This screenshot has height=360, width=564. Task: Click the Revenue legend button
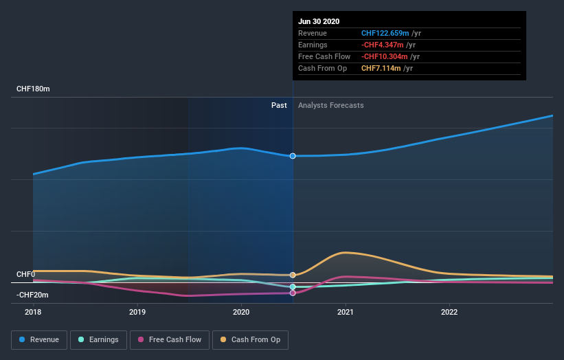pos(40,339)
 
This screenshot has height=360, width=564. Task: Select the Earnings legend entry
pos(98,339)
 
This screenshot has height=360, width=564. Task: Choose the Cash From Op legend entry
pos(251,339)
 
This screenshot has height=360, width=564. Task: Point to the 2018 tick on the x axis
pos(33,312)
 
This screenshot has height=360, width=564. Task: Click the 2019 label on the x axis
pos(137,312)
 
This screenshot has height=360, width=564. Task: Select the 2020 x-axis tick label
pos(241,312)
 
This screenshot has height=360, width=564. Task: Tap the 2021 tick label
pos(345,312)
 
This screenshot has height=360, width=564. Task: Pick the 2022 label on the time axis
pos(449,312)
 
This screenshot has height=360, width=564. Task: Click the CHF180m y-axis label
pos(34,89)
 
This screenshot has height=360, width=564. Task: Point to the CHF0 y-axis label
pos(25,274)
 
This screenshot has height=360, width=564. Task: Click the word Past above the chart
pos(279,105)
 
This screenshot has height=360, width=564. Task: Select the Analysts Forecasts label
pos(331,105)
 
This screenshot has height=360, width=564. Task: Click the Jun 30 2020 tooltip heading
pos(319,21)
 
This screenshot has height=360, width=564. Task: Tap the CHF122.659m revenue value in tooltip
pos(385,33)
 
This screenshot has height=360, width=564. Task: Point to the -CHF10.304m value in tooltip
pos(385,56)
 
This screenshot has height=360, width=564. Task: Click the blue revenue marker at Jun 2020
pos(293,156)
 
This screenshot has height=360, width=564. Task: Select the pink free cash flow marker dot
pos(293,293)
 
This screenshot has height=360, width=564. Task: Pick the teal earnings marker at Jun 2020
pos(293,286)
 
